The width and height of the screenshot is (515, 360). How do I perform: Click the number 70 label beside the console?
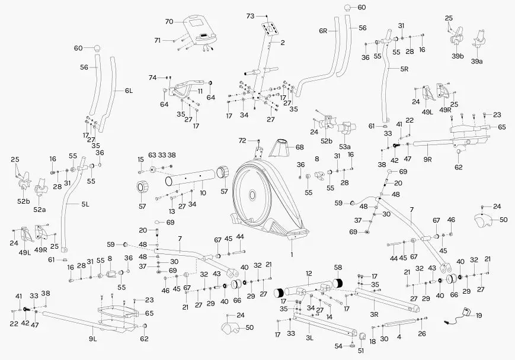point(169,22)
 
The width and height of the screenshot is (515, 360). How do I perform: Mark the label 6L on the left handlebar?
point(129,91)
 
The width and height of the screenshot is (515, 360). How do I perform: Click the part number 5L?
point(85,205)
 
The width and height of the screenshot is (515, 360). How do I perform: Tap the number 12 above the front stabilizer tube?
point(309,274)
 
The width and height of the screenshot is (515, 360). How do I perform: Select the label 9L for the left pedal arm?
point(92,339)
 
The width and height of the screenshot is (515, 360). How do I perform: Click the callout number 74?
point(152,78)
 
